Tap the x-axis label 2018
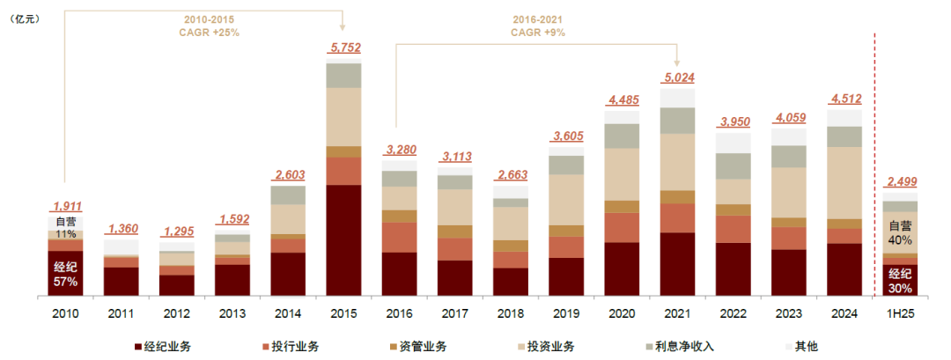(x=511, y=313)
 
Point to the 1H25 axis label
(x=900, y=313)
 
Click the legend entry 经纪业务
(x=168, y=346)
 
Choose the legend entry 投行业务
(x=294, y=346)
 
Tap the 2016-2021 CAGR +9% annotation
(x=538, y=25)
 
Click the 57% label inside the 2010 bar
(x=65, y=282)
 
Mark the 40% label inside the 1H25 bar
(x=900, y=239)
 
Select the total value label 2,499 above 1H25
(x=900, y=183)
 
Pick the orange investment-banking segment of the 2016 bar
(x=400, y=237)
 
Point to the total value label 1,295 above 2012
(x=177, y=231)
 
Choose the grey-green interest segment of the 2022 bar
(x=734, y=165)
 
